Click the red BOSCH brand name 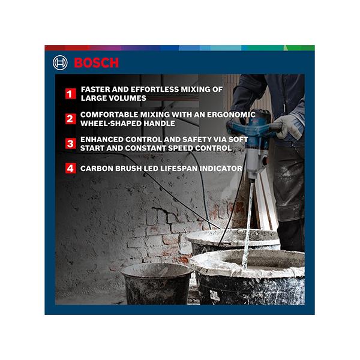click(96, 63)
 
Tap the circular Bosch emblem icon click(60, 63)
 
